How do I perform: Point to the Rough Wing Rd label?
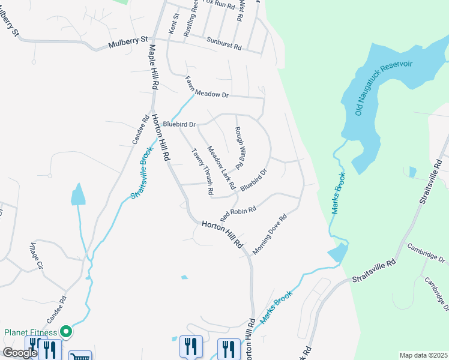[x=238, y=147]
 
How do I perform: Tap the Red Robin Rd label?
[x=238, y=212]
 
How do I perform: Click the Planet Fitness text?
[x=31, y=332]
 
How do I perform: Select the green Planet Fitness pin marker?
[x=67, y=331]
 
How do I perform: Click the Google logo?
[x=20, y=353]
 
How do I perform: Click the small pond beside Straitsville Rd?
[x=411, y=172]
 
